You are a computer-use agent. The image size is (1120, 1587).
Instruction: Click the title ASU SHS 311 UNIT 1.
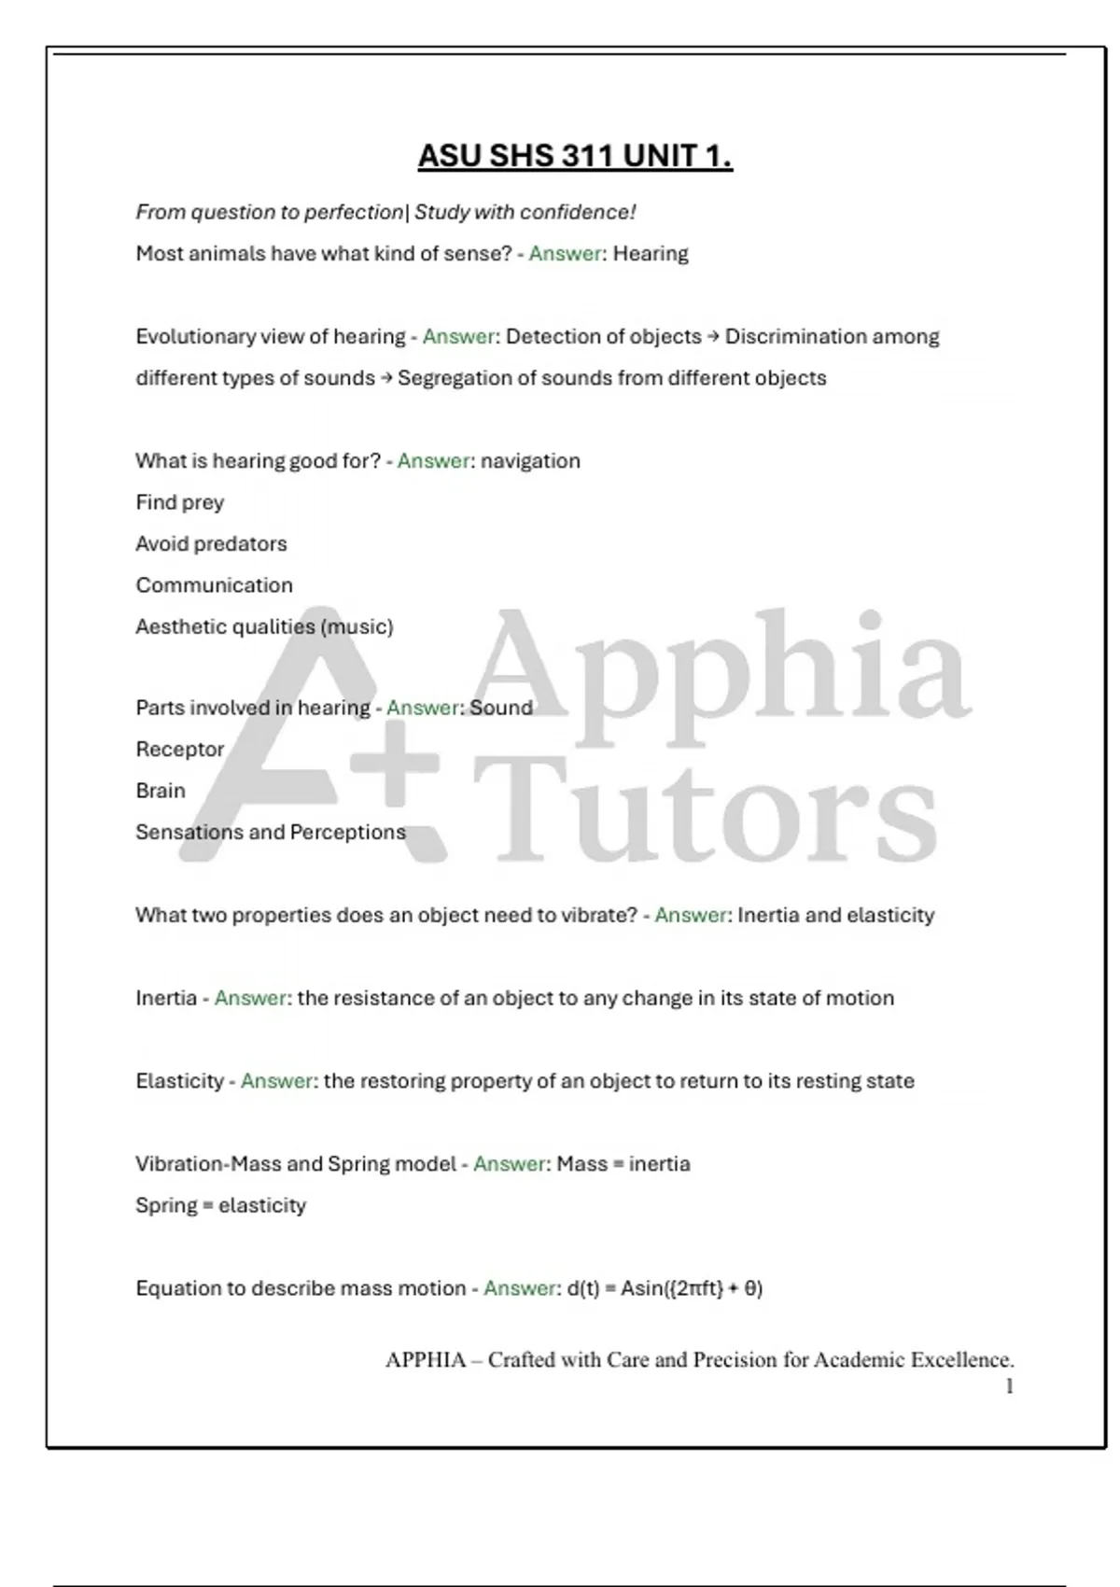coord(575,156)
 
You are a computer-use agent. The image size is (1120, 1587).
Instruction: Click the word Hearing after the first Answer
coord(651,254)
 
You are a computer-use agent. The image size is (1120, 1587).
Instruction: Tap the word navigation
coord(530,461)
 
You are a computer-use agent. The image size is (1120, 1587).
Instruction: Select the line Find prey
coord(180,502)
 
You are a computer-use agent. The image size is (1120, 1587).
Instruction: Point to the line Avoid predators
coord(211,544)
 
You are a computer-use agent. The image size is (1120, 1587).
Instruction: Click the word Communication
coord(214,585)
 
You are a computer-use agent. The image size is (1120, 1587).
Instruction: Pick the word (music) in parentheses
coord(357,626)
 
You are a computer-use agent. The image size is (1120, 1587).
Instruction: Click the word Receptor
coord(180,750)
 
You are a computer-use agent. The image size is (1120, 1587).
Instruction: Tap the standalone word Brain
coord(161,791)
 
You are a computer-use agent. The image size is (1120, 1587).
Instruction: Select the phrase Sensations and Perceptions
coord(271,832)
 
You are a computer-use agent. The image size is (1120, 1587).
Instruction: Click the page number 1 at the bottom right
coord(1009,1387)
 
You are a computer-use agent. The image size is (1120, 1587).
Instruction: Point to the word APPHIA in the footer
coord(426,1360)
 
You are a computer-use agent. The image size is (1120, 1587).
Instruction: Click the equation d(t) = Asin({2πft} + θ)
coord(665,1288)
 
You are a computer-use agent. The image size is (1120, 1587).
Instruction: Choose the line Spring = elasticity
coord(220,1205)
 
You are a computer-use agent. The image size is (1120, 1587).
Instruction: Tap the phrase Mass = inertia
coord(623,1164)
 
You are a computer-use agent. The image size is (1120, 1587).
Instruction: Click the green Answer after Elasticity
coord(276,1081)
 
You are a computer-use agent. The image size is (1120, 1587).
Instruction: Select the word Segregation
coord(454,378)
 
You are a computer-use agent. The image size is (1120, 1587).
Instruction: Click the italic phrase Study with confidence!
coord(525,213)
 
